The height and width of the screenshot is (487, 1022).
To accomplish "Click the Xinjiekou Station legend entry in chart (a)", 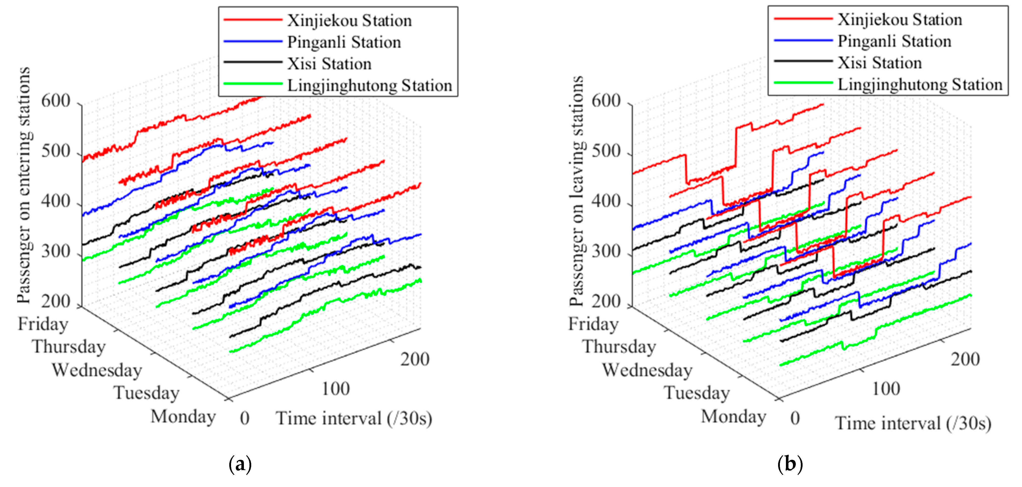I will coord(349,21).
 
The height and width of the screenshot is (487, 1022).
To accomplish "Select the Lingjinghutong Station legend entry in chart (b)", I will coord(920,85).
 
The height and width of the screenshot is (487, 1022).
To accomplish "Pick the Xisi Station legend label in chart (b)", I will coord(879,63).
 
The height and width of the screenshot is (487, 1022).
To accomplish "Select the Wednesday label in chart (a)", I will coord(97,370).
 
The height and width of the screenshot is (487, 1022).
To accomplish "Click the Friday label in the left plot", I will coord(43,324).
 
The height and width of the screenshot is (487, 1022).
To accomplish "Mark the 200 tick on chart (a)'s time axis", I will coord(415,359).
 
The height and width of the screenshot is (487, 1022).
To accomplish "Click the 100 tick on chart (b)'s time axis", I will coord(886,389).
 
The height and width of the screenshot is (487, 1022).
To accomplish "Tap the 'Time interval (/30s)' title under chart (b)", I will coord(913,423).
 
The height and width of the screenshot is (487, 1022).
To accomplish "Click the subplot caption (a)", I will coord(240,464).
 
